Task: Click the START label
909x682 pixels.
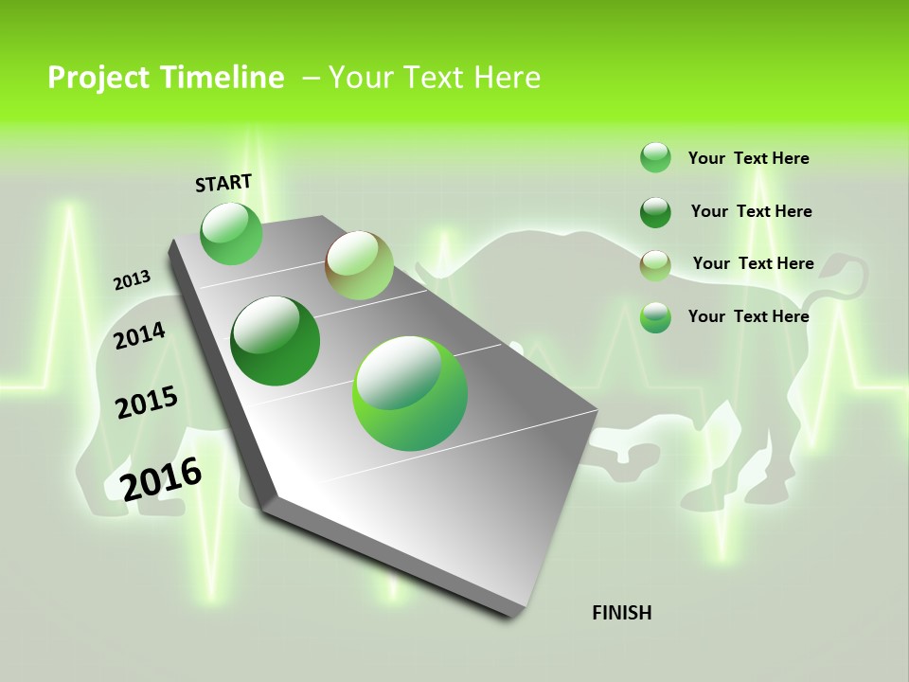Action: coord(223,183)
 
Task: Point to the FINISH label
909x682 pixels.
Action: coord(622,613)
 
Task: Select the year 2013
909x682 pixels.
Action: coord(132,280)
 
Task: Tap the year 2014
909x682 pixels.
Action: coord(139,335)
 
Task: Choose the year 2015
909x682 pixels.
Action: coord(147,403)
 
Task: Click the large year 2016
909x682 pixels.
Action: coord(161,478)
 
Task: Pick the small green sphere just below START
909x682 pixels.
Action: coord(232,233)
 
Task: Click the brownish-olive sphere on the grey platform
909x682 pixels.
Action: coord(359,265)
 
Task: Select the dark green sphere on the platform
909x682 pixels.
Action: coord(276,341)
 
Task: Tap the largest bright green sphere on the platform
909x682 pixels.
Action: coord(410,393)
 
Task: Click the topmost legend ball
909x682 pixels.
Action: coord(655,157)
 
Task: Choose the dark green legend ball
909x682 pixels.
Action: coord(655,212)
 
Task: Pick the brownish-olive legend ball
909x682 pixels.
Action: coord(655,265)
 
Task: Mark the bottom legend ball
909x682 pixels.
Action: coord(655,317)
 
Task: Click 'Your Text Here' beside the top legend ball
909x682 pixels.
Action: coord(748,158)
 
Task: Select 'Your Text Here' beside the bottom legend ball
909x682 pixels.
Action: coord(748,316)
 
